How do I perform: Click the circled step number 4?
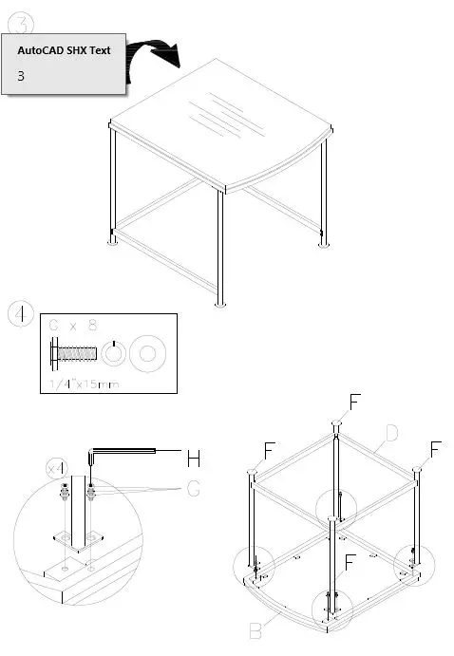point(21,314)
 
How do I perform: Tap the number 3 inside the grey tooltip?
point(22,76)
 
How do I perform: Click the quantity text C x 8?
point(74,326)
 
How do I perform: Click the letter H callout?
point(193,459)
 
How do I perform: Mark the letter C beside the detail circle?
point(194,490)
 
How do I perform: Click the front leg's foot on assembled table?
point(221,304)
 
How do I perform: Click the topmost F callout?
point(354,402)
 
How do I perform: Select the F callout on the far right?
point(436,447)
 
